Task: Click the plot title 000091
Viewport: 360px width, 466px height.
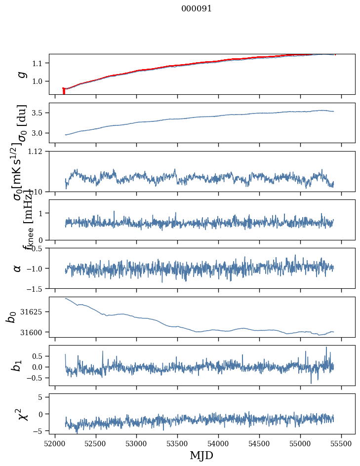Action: point(197,9)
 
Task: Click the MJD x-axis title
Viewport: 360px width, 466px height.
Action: point(201,456)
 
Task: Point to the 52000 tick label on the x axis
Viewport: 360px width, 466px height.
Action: point(55,443)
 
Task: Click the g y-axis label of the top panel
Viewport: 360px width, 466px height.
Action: point(21,74)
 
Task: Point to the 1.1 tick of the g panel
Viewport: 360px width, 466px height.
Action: point(40,63)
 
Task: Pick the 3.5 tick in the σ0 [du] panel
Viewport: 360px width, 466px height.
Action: point(40,113)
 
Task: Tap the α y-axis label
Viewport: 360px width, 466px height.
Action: point(18,268)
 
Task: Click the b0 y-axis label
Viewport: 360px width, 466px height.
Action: point(11,316)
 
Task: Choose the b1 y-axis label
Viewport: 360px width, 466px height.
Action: point(17,365)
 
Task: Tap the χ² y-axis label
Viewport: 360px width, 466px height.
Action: point(22,414)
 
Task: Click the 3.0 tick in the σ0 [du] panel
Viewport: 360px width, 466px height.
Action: point(40,133)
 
